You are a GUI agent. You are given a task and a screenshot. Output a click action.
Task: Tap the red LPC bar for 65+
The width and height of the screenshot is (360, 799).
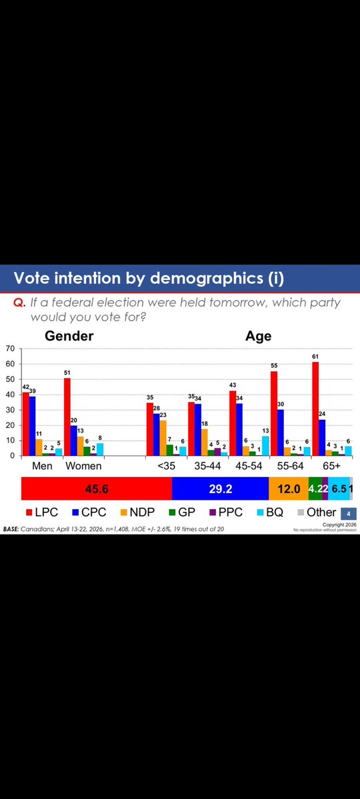click(x=315, y=408)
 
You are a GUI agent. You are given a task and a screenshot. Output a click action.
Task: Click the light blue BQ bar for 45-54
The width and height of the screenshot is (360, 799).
click(x=266, y=446)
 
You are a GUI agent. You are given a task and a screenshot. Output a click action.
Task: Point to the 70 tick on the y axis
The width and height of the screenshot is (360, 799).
click(x=10, y=349)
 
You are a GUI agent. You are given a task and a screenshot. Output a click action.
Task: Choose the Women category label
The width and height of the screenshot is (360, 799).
click(x=84, y=466)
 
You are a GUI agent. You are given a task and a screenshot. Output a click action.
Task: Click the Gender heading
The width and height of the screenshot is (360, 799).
click(x=69, y=335)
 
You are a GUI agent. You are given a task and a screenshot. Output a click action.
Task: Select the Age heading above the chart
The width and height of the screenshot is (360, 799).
click(x=258, y=335)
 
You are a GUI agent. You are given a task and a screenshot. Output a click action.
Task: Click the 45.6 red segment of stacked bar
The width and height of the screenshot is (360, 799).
click(x=97, y=488)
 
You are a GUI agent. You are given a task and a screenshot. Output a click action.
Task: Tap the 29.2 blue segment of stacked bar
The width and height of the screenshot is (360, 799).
click(x=220, y=488)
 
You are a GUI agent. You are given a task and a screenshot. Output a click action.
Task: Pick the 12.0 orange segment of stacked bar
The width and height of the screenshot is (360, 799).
click(x=289, y=488)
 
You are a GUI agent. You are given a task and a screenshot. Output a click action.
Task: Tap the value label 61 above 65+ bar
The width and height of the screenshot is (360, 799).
click(x=315, y=357)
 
